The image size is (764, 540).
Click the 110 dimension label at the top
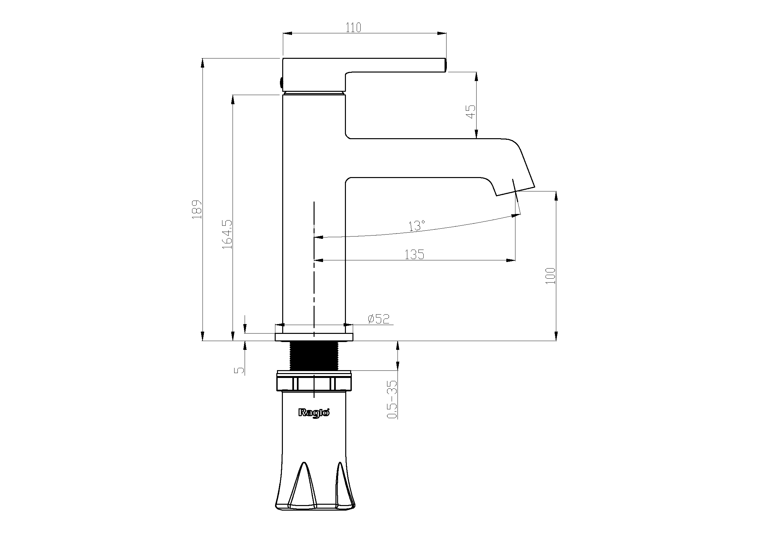coord(353,27)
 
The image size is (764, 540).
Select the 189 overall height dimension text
coord(197,209)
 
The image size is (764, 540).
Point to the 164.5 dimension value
coord(227,234)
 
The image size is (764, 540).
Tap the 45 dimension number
coord(471,111)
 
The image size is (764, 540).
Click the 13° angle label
coord(417,226)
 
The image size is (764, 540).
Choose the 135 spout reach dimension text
coord(414,254)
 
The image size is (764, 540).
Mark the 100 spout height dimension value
coord(551,275)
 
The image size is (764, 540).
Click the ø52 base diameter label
coord(379,319)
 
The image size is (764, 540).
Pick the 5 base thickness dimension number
coord(239,370)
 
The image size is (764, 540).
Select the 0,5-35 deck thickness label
coord(392,399)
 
